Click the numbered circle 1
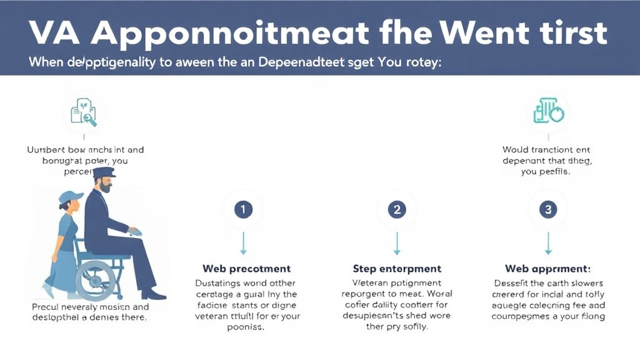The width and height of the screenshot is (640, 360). pyautogui.click(x=243, y=209)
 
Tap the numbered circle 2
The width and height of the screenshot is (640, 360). pyautogui.click(x=396, y=209)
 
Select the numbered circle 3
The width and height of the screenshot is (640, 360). pyautogui.click(x=548, y=209)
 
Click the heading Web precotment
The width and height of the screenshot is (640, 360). pyautogui.click(x=246, y=269)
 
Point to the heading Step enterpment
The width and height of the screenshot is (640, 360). pyautogui.click(x=397, y=269)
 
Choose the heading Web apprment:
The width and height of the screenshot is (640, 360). pyautogui.click(x=547, y=269)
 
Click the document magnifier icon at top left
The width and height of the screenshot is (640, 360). pyautogui.click(x=84, y=112)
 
